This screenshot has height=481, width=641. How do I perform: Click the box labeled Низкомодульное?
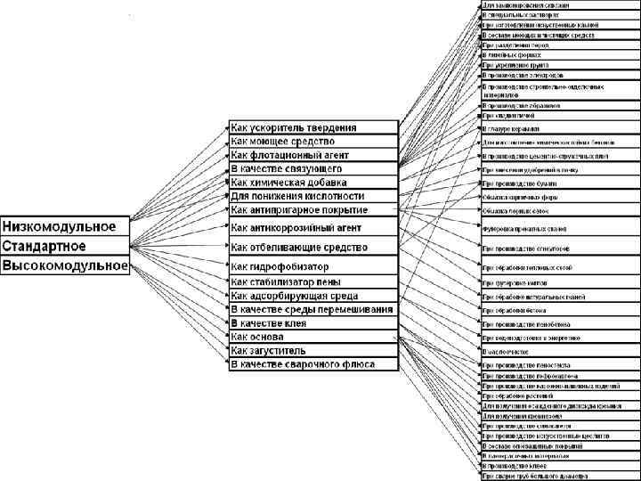pyautogui.click(x=65, y=224)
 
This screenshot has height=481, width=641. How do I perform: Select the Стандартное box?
pyautogui.click(x=65, y=245)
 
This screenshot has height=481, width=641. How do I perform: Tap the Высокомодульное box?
pyautogui.click(x=65, y=265)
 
